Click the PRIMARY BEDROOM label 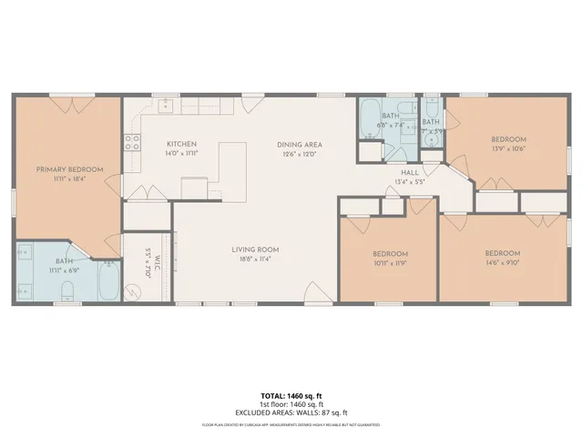click(69, 169)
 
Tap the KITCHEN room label click(181, 144)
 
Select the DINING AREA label click(300, 144)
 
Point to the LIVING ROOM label click(255, 249)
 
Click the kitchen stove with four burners click(133, 141)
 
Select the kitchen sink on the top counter click(166, 107)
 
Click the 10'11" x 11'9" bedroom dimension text click(390, 263)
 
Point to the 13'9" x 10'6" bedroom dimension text click(509, 148)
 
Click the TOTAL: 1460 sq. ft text click(291, 396)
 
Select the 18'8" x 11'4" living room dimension click(255, 259)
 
